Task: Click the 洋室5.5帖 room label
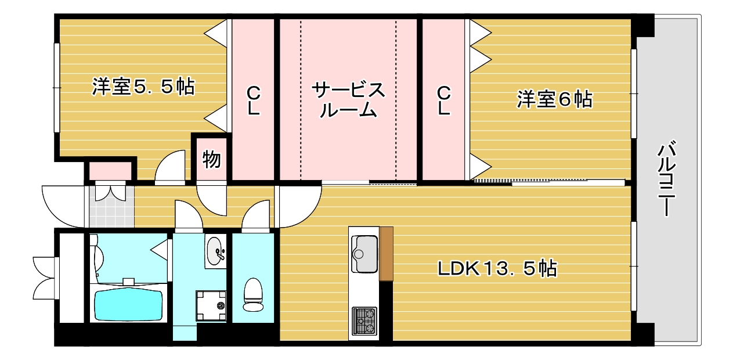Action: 143,87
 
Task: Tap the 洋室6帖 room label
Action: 554,99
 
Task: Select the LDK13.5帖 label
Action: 497,268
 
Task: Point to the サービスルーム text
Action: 348,100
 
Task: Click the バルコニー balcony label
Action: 667,179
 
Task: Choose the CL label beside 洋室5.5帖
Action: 254,100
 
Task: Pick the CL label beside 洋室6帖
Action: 444,100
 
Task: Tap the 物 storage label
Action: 211,159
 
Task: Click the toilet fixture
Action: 253,294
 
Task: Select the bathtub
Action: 129,304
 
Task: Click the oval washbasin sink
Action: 216,251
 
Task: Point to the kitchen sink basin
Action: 364,254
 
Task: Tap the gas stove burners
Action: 364,321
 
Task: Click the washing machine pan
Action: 211,305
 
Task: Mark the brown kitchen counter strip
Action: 386,254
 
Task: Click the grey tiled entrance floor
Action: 111,207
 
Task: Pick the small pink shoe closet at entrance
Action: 111,171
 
